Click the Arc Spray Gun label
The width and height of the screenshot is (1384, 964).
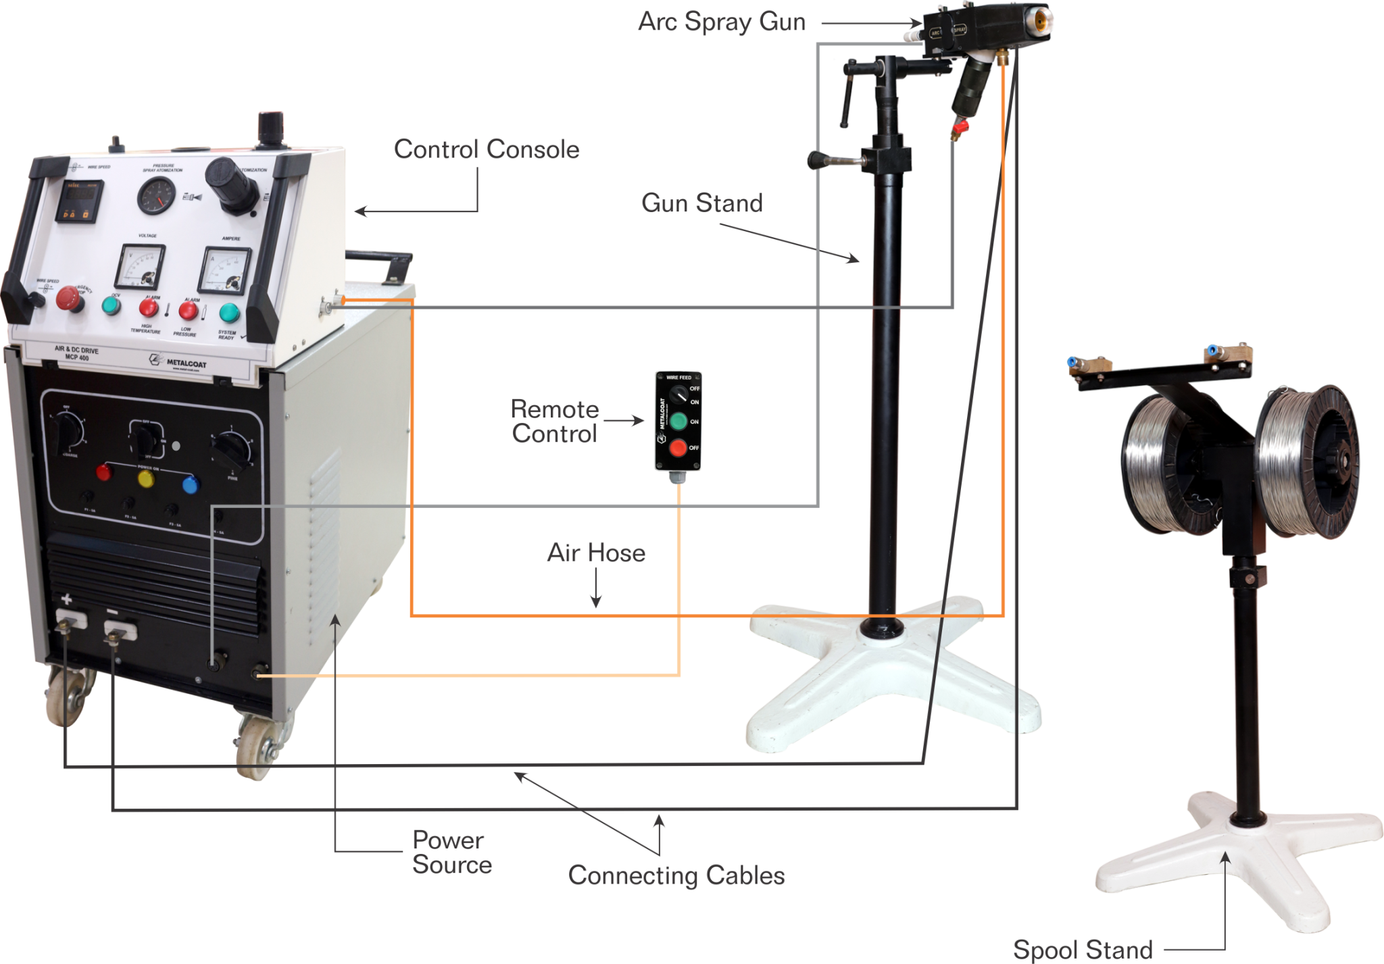722,22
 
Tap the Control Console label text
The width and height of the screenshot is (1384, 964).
487,149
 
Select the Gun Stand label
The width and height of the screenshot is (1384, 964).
702,203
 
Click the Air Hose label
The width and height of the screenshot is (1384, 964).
596,553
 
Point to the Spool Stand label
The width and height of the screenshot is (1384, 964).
1083,949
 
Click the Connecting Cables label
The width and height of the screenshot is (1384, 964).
676,876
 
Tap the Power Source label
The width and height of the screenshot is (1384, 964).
451,853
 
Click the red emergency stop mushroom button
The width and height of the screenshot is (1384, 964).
68,298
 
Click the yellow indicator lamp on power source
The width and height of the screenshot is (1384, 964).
146,479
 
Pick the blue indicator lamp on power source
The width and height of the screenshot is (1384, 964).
191,484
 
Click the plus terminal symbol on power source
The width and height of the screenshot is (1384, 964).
67,599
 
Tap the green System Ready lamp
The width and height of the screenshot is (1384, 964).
229,312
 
